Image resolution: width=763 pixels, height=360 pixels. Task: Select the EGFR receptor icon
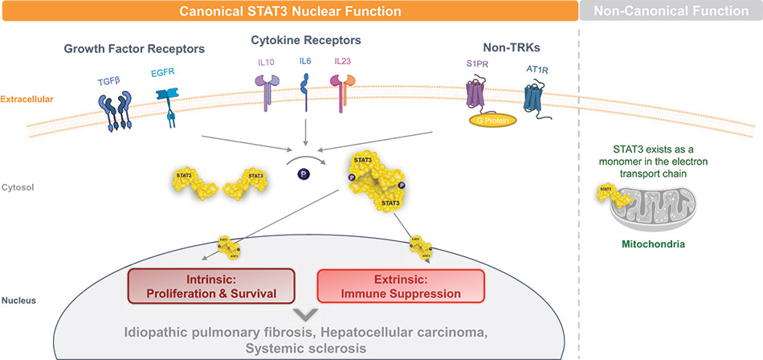[171, 105]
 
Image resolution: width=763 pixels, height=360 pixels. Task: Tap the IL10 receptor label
[263, 61]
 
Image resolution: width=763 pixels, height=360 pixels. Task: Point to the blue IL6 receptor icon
[305, 88]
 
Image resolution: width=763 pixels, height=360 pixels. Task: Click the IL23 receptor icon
[342, 89]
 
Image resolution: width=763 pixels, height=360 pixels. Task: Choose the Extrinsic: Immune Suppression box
[402, 285]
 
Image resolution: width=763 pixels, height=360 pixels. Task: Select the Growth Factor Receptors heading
[134, 49]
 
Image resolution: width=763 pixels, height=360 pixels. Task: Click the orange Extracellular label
[27, 100]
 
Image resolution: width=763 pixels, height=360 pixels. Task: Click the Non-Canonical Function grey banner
[670, 11]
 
